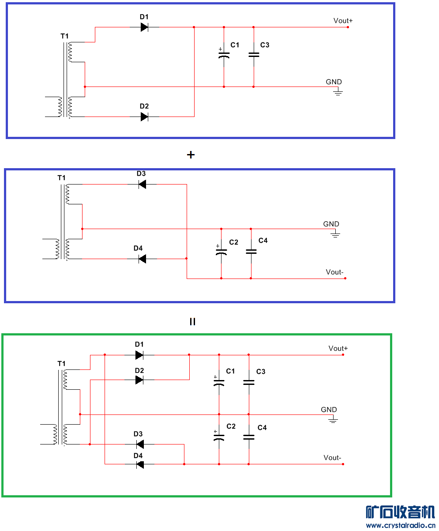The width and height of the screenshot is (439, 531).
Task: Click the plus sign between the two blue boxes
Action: tap(191, 155)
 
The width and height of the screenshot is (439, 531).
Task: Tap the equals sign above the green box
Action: tap(192, 322)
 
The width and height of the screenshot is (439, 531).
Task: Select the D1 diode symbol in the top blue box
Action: tap(144, 27)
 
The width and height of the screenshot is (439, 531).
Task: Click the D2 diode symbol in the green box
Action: tap(139, 380)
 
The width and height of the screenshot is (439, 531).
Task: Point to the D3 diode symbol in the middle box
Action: tap(142, 185)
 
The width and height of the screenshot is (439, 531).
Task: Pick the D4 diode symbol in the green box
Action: tap(140, 464)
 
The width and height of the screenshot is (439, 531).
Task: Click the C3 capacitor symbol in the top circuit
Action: tap(253, 55)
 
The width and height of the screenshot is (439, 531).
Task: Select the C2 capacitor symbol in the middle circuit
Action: tap(221, 252)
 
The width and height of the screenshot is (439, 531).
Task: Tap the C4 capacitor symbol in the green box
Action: tap(249, 437)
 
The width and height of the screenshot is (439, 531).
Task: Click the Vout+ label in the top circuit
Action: tap(343, 20)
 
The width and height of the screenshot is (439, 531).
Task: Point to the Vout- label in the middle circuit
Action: tap(334, 272)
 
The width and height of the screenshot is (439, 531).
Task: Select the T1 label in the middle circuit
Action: tap(61, 177)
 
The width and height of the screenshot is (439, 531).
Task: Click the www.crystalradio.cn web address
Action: tap(400, 525)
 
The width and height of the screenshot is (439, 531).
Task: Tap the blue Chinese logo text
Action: tap(400, 512)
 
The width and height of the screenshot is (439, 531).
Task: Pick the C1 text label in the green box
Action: tap(230, 371)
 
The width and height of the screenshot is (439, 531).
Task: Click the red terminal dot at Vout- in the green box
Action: tap(343, 464)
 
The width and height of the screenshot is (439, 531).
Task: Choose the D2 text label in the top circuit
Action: tap(144, 106)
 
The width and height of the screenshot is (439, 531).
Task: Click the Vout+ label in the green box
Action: tap(338, 348)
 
